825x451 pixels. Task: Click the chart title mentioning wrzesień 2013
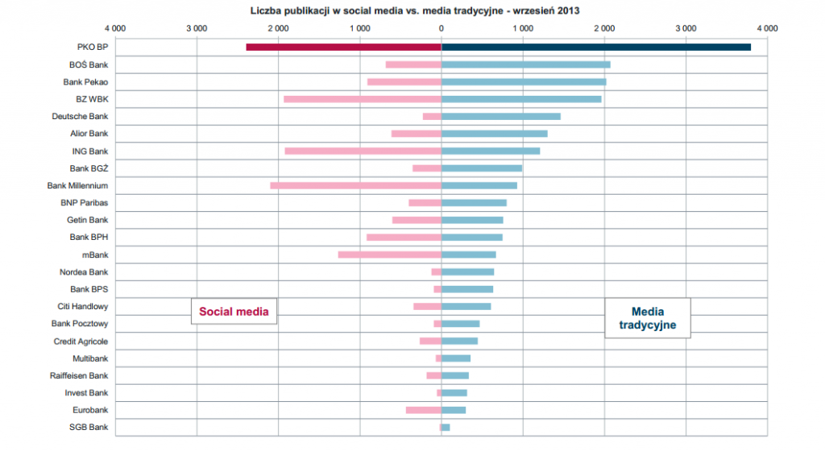[415, 10]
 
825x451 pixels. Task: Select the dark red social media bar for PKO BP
[343, 48]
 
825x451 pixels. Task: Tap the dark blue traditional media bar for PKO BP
[596, 48]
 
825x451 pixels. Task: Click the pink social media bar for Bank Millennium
[355, 185]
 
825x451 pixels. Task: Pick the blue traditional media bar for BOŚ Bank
[525, 64]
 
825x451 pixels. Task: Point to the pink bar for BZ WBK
[363, 99]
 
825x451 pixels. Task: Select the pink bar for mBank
[389, 254]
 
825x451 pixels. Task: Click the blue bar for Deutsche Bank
[500, 117]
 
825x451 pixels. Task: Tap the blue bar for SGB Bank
[446, 427]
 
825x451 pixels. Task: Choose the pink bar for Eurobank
[423, 410]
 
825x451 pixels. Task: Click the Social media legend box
[234, 311]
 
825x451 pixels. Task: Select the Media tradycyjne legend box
[648, 318]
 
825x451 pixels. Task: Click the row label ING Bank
[89, 151]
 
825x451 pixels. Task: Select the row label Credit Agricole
[81, 341]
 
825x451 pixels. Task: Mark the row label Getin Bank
[87, 220]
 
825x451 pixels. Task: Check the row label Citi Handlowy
[83, 307]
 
